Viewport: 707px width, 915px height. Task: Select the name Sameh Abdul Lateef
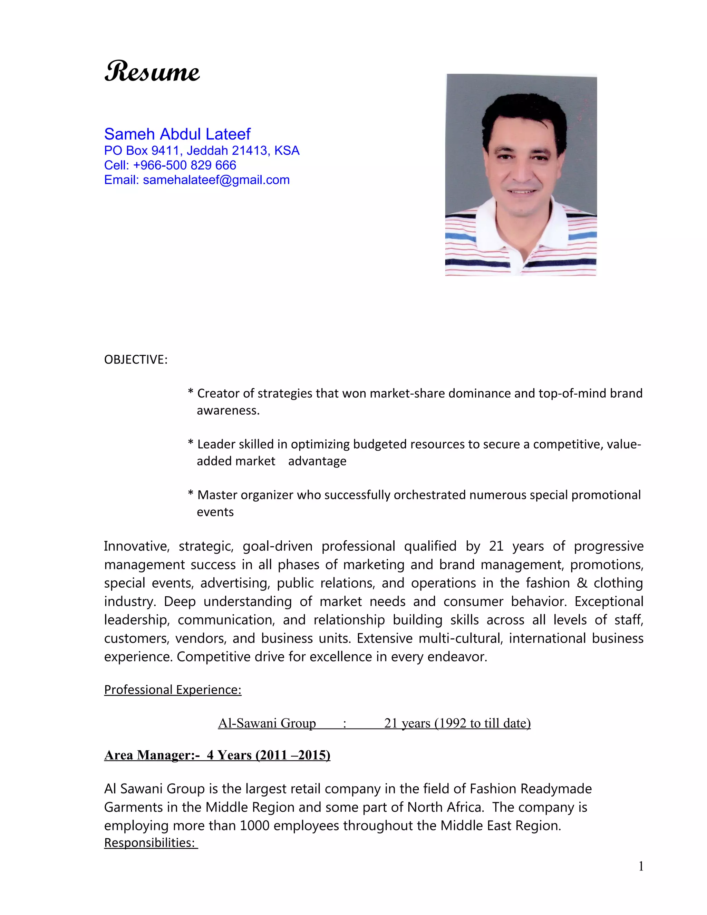tap(177, 134)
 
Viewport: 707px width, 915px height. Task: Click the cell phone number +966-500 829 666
tap(184, 165)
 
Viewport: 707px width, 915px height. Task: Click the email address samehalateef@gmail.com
tap(216, 180)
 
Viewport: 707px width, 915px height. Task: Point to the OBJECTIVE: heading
tap(136, 359)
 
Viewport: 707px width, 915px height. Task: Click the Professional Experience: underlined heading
tap(173, 690)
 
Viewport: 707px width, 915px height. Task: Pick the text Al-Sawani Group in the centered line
tap(267, 723)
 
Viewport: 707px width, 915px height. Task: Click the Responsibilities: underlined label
tap(151, 842)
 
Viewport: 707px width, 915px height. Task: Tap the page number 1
tap(641, 866)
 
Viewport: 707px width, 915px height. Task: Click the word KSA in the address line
tap(287, 151)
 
